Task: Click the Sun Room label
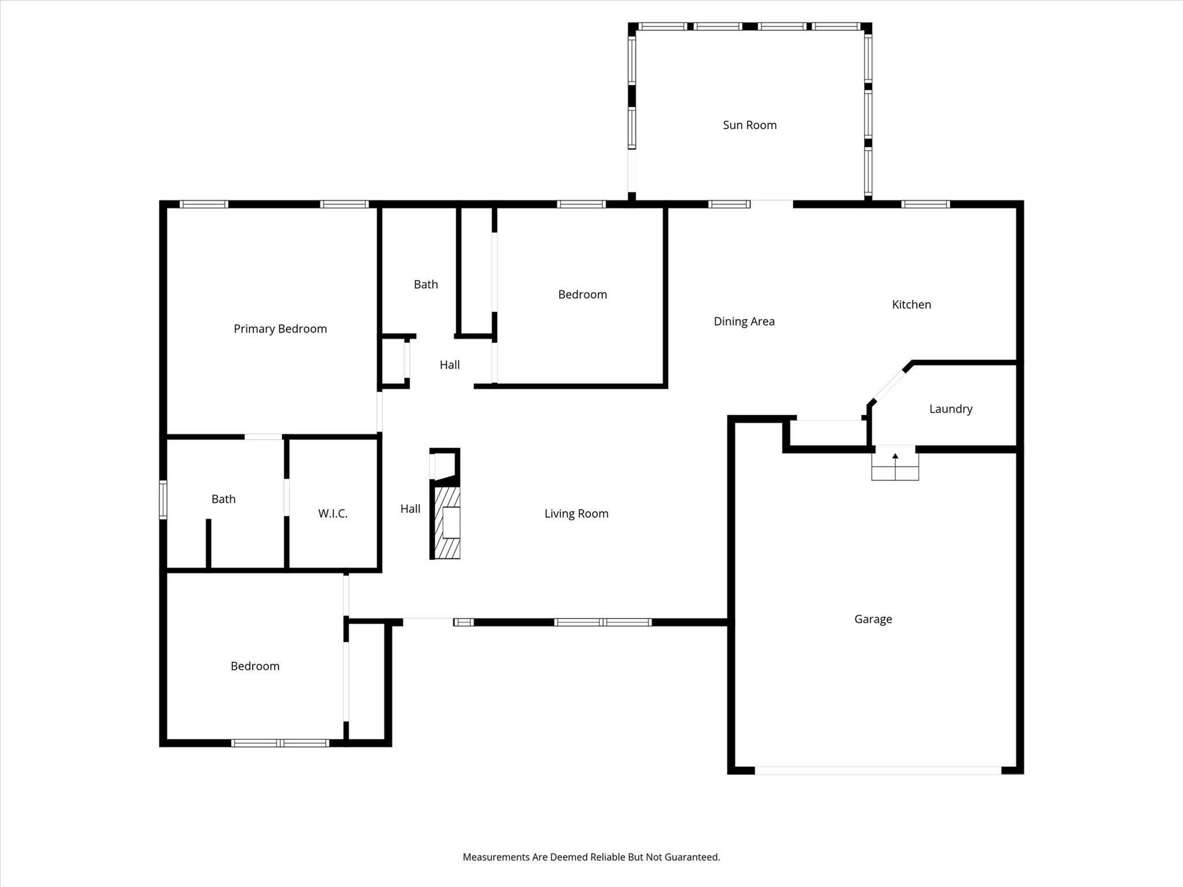coord(749,125)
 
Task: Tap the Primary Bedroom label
coord(280,329)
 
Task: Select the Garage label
coord(873,619)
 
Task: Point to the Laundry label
coord(950,409)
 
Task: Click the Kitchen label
coord(911,304)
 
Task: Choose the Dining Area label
coord(744,321)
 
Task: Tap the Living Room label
coord(576,513)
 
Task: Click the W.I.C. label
coord(333,513)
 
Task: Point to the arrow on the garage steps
coord(895,457)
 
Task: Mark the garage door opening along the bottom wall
coord(877,770)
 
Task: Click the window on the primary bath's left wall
coord(163,500)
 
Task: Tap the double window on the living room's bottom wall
coord(602,622)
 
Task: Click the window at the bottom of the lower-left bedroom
coord(280,743)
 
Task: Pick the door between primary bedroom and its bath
coord(263,437)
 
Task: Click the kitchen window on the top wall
coord(925,204)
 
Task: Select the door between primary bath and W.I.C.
coord(286,497)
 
